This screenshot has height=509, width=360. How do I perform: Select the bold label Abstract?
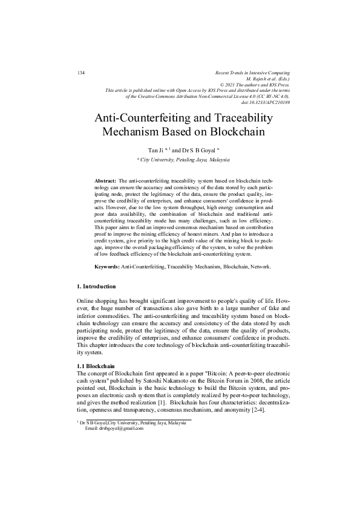(106, 181)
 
